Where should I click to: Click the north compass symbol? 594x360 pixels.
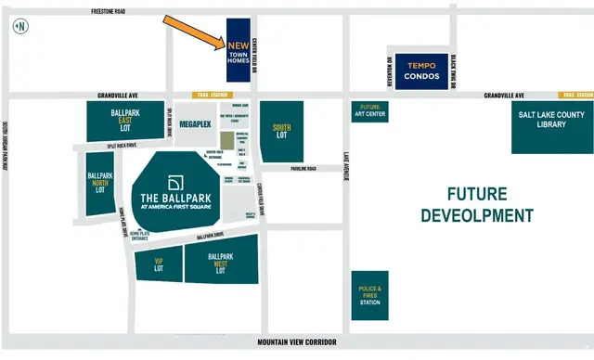click(18, 25)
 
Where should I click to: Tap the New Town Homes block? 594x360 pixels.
click(239, 50)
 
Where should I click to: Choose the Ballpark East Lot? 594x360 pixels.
click(125, 122)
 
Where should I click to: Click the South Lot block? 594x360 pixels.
click(281, 131)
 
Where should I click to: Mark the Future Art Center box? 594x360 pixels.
click(369, 112)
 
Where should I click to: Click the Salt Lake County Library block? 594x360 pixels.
click(552, 126)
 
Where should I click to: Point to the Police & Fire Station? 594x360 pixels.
click(368, 295)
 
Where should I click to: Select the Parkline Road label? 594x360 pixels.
click(303, 169)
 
